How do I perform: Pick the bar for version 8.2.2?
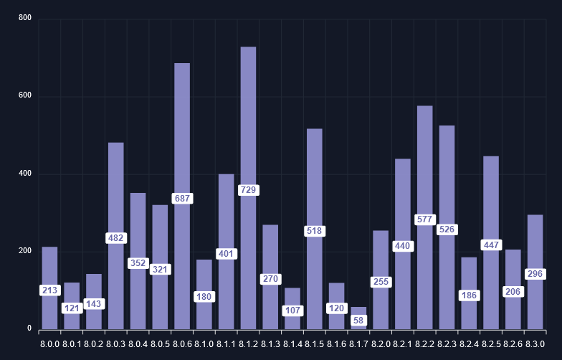[424, 165]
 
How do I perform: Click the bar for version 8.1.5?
[314, 179]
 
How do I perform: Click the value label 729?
[248, 190]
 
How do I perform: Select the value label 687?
[182, 199]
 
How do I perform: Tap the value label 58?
[358, 320]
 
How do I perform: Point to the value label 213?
[49, 290]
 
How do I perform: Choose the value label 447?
[491, 245]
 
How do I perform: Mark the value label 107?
[292, 311]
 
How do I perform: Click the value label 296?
[535, 274]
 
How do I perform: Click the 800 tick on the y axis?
[25, 18]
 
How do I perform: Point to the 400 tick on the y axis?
[25, 174]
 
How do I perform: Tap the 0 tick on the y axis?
[29, 329]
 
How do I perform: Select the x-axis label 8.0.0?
[49, 344]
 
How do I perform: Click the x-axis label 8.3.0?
[535, 344]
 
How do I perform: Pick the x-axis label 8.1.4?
[292, 344]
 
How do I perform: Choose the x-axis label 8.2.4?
[469, 344]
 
